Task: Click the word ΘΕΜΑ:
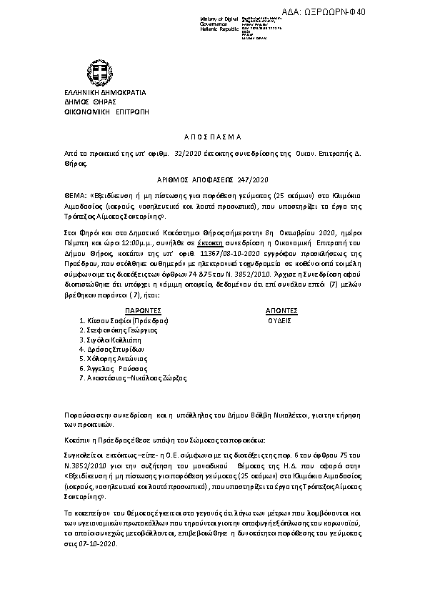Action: point(54,194)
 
